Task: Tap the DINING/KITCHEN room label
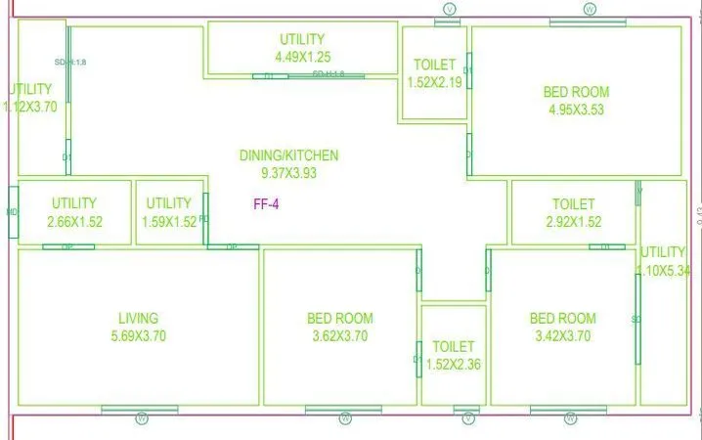point(288,155)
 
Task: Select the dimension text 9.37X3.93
point(288,173)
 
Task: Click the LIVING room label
point(138,318)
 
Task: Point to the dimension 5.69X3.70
point(138,335)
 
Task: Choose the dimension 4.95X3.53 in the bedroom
point(576,110)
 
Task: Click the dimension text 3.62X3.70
point(339,335)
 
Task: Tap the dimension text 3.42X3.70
point(562,335)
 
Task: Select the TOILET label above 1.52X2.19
point(434,66)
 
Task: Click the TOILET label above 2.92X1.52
point(573,204)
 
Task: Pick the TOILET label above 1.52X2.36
point(453,347)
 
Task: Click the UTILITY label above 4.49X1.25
point(302,39)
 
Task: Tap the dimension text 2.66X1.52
point(74,221)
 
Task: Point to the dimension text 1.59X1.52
point(169,221)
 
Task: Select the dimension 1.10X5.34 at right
point(664,270)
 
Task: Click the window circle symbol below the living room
point(141,419)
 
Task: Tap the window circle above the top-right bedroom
point(590,9)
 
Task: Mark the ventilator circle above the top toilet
point(448,9)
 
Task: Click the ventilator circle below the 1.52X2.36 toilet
point(468,419)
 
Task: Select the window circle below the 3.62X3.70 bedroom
point(345,419)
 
